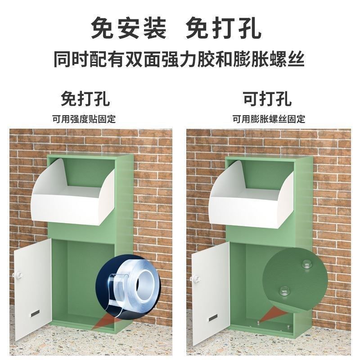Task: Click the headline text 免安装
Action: click(x=129, y=28)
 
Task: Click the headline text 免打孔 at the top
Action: click(x=224, y=28)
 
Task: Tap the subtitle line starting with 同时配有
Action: click(x=179, y=59)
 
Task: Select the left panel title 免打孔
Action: click(x=85, y=98)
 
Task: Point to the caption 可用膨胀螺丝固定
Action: click(x=269, y=119)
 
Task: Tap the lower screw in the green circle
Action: click(x=284, y=291)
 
